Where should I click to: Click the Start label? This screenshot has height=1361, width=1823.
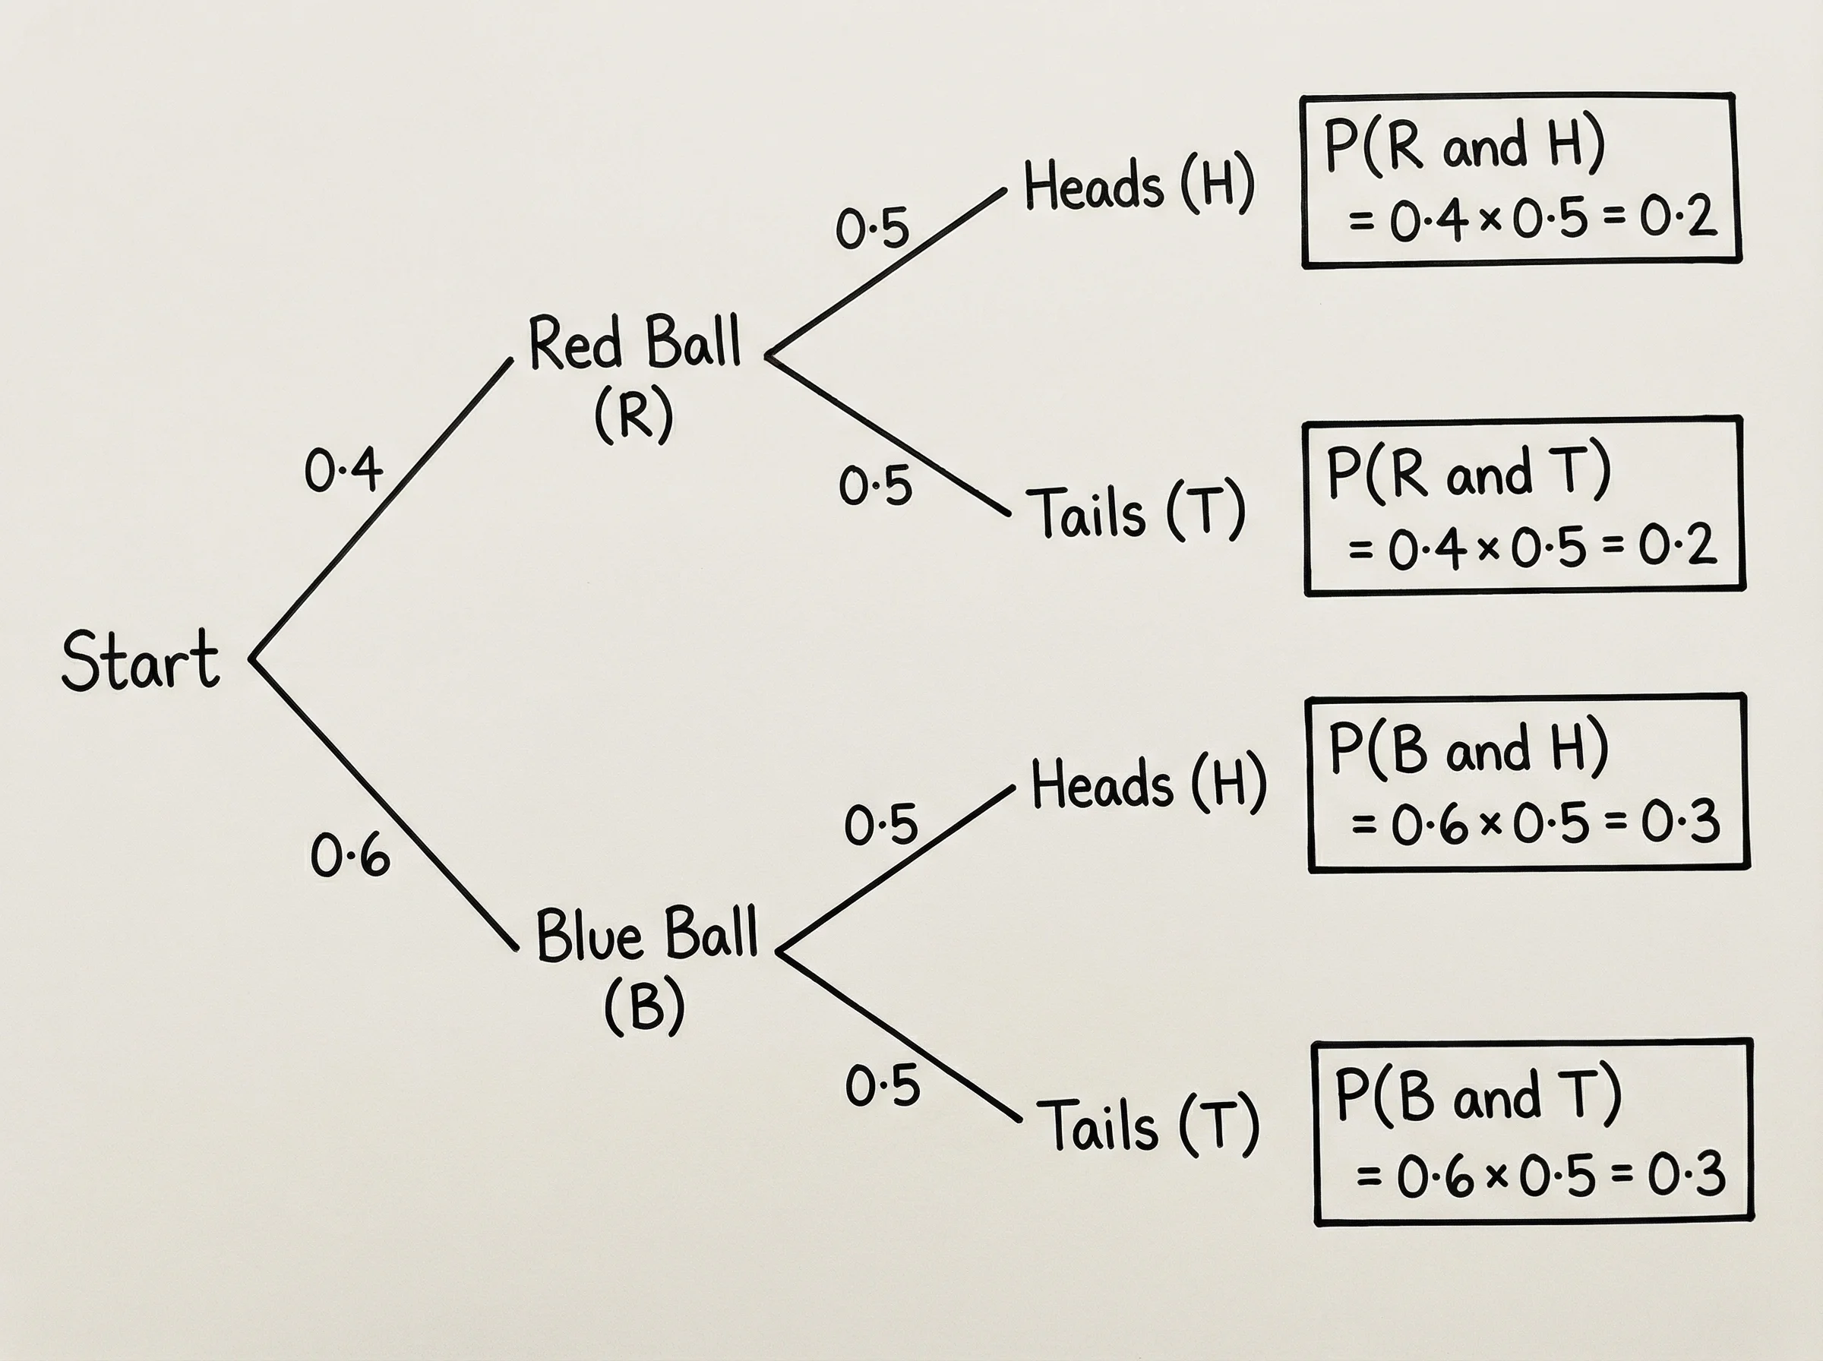coord(141,661)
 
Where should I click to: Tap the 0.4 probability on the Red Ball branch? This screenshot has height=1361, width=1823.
coord(343,470)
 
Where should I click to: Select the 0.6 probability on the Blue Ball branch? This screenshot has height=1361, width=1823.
coord(350,855)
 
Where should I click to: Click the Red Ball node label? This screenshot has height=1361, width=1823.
coord(634,343)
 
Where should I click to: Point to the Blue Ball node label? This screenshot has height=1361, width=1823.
coord(646,935)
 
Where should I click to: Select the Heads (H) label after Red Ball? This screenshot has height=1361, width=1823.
coord(1139,185)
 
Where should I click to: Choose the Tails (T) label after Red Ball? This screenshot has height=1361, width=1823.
coord(1135,512)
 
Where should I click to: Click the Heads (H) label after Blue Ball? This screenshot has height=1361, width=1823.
coord(1148,784)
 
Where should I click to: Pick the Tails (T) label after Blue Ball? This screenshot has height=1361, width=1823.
coord(1148,1126)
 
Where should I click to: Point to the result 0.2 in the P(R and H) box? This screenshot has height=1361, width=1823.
coord(1678,218)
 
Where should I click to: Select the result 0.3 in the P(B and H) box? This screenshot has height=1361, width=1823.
coord(1680,823)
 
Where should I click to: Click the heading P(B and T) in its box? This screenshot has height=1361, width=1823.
coord(1478,1095)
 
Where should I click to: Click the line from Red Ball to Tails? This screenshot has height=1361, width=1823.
coord(889,437)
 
